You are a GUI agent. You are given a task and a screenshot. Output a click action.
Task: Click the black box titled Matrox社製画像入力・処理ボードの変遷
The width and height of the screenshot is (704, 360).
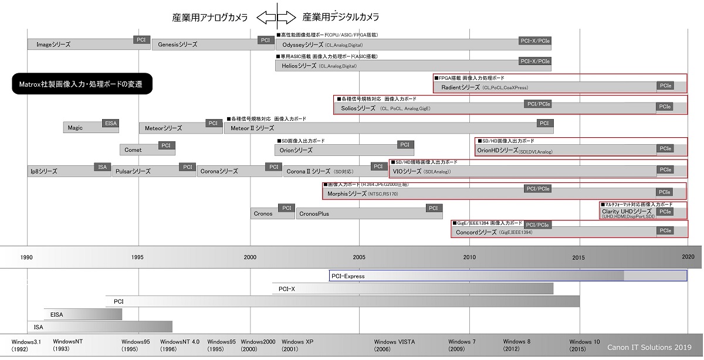pos(82,84)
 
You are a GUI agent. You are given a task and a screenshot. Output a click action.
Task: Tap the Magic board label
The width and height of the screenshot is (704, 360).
pos(75,127)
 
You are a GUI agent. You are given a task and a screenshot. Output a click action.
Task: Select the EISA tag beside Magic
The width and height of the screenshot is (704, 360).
pos(110,123)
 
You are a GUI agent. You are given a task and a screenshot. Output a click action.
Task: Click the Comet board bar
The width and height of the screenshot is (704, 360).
pos(133,150)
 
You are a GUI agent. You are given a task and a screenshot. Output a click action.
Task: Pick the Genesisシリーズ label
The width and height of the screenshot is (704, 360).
pos(177,45)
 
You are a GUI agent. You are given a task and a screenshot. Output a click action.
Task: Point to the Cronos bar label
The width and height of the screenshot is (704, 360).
pos(263,213)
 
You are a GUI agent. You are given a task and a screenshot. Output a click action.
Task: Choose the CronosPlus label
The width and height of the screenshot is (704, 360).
pos(314,213)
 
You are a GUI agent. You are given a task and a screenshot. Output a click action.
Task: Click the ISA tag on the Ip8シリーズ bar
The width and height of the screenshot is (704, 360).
pos(103,167)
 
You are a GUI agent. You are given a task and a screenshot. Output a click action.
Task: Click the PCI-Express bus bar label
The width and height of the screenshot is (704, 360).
pos(348,276)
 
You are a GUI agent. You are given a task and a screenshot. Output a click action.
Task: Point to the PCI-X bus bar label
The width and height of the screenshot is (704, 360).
pos(287,288)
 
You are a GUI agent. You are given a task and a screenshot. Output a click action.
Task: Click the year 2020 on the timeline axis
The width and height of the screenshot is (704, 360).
pos(688,257)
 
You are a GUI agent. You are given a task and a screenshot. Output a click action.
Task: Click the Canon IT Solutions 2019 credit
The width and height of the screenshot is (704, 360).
pos(649,347)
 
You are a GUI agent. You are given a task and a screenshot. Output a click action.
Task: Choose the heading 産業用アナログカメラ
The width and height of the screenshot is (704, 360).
pos(210,18)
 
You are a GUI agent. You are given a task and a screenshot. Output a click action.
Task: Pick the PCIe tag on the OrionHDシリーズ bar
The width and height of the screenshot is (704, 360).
pos(665,149)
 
